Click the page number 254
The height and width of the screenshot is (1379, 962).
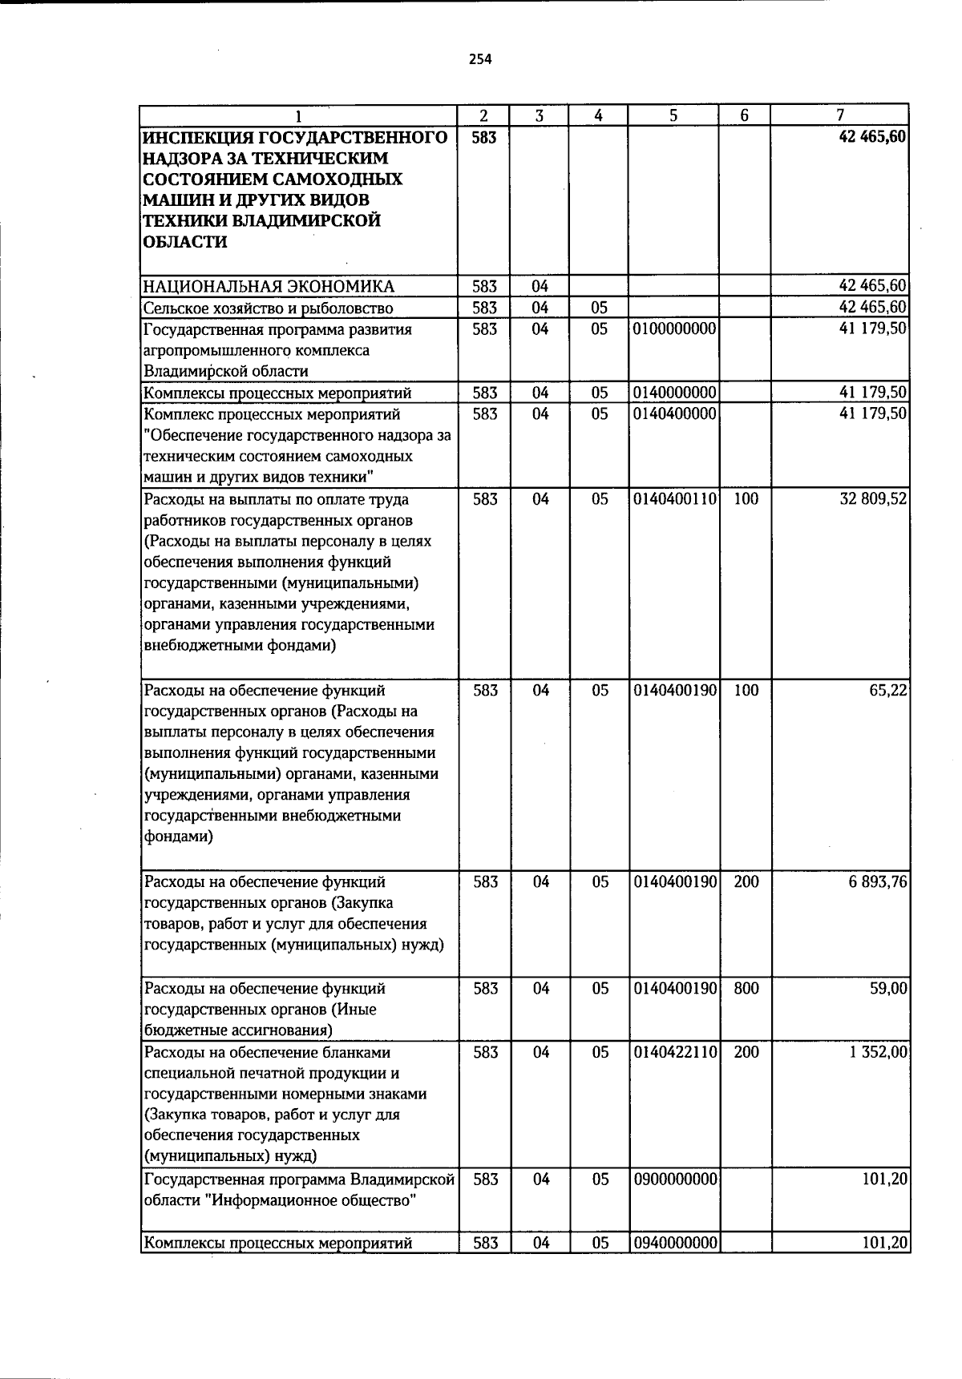480,58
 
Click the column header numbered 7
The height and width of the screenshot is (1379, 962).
839,115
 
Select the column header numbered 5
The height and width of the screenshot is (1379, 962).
673,115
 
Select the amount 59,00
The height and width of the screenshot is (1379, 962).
888,989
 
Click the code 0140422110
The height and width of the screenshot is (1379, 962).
674,1052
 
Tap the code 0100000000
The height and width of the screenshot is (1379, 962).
674,329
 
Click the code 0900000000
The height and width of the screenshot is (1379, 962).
674,1179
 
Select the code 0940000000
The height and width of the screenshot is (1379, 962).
674,1244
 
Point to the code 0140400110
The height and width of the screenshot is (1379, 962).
674,499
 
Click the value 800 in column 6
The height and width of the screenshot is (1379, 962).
746,989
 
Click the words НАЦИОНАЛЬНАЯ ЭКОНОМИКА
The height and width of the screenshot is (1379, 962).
269,287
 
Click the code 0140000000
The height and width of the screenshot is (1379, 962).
674,393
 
